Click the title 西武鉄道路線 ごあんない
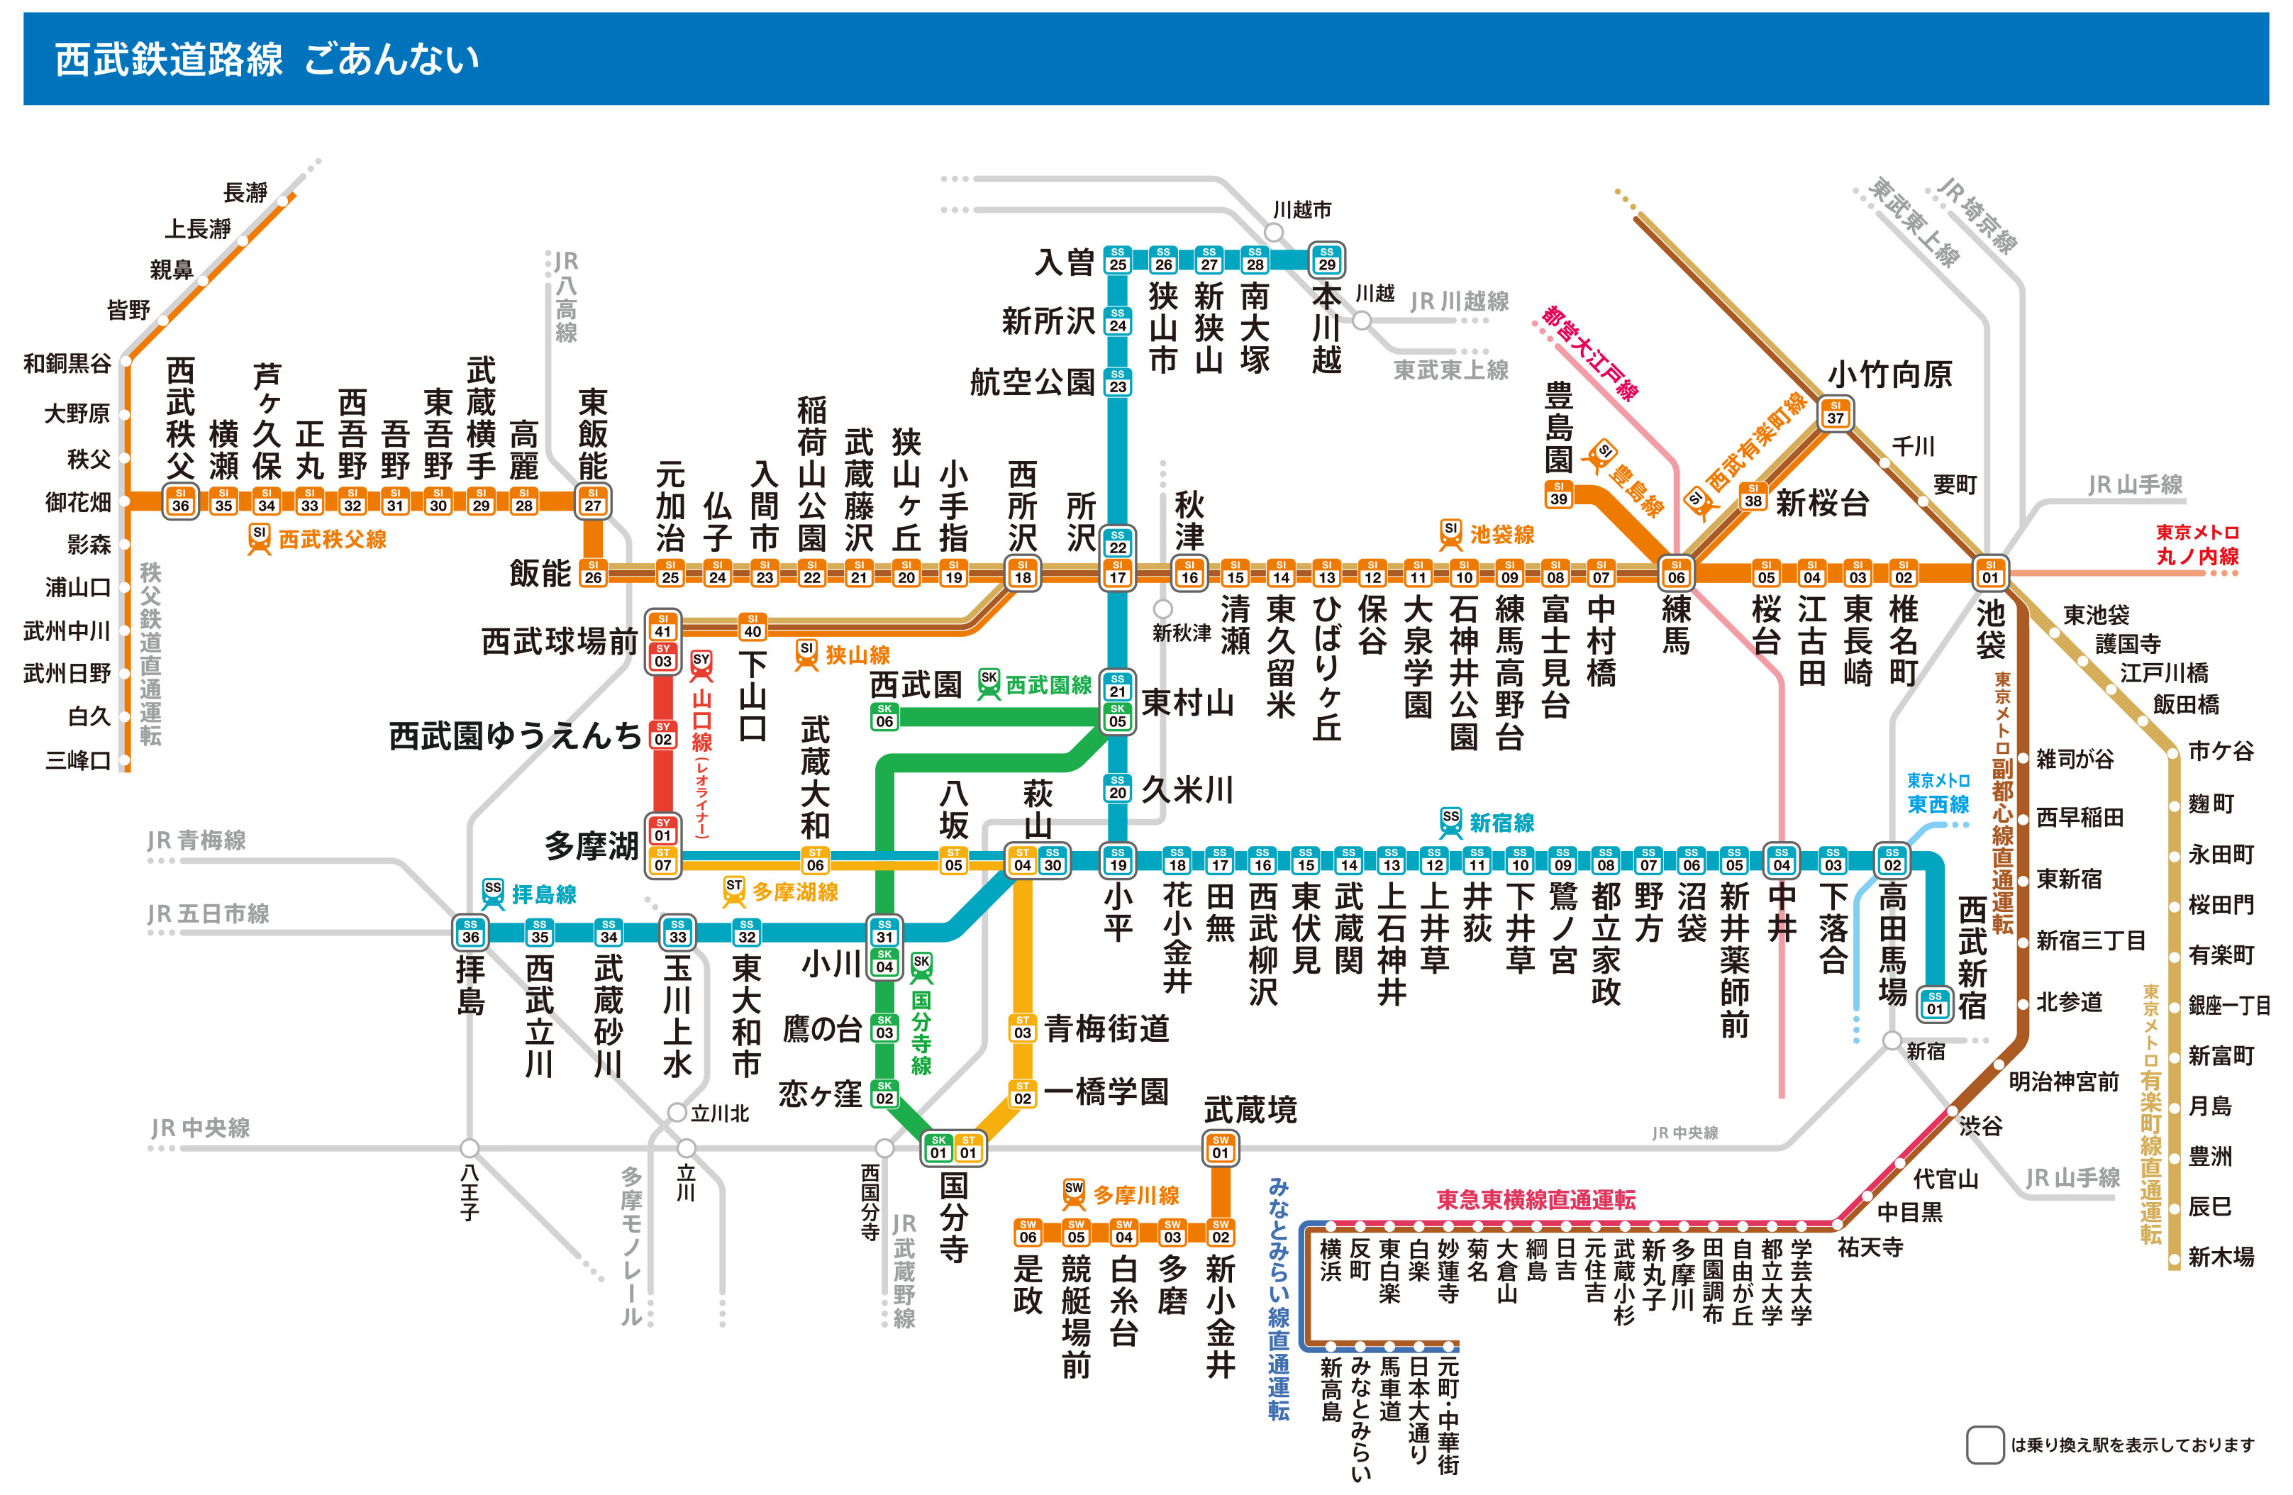point(266,59)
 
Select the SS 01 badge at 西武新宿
point(1935,1004)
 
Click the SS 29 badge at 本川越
point(1327,259)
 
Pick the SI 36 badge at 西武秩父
point(180,501)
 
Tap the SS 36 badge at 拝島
point(470,931)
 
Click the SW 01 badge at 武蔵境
point(1220,1147)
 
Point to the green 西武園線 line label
point(1048,685)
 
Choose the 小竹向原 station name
point(1889,374)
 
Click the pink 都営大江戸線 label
point(1589,352)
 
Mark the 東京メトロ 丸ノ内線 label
point(2197,544)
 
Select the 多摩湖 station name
point(591,847)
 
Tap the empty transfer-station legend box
point(1984,1445)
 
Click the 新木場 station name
point(2221,1256)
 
